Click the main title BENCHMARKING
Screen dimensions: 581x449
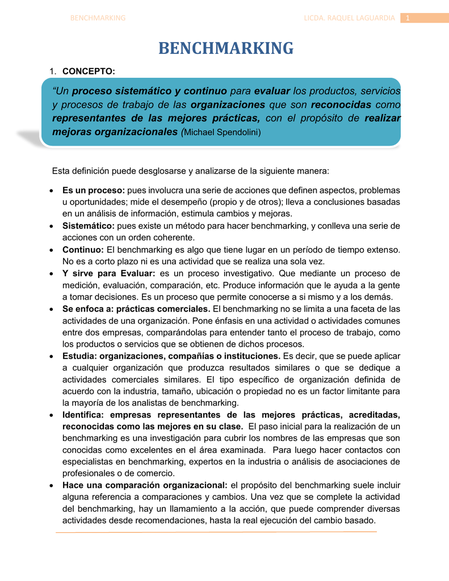pyautogui.click(x=225, y=49)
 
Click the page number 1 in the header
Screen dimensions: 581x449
pyautogui.click(x=408, y=18)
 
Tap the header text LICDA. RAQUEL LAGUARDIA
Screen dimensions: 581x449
pyautogui.click(x=349, y=18)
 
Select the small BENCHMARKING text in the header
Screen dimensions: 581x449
pyautogui.click(x=97, y=18)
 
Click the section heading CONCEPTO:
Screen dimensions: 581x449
pyautogui.click(x=89, y=71)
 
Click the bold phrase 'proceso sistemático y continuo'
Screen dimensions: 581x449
pyautogui.click(x=149, y=91)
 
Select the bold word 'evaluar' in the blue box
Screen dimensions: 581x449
pyautogui.click(x=272, y=91)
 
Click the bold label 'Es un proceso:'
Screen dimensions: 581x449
pyautogui.click(x=93, y=190)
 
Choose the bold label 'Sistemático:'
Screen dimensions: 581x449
pyautogui.click(x=88, y=226)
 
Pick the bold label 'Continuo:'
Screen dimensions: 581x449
pyautogui.click(x=83, y=250)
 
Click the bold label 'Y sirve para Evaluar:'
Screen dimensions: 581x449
pyautogui.click(x=108, y=273)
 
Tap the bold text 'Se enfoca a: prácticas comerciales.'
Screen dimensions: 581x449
pyautogui.click(x=136, y=309)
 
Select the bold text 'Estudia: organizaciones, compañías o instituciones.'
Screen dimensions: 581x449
pyautogui.click(x=171, y=356)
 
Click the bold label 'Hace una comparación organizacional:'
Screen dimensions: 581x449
pyautogui.click(x=145, y=485)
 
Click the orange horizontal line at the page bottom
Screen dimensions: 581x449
pyautogui.click(x=216, y=532)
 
